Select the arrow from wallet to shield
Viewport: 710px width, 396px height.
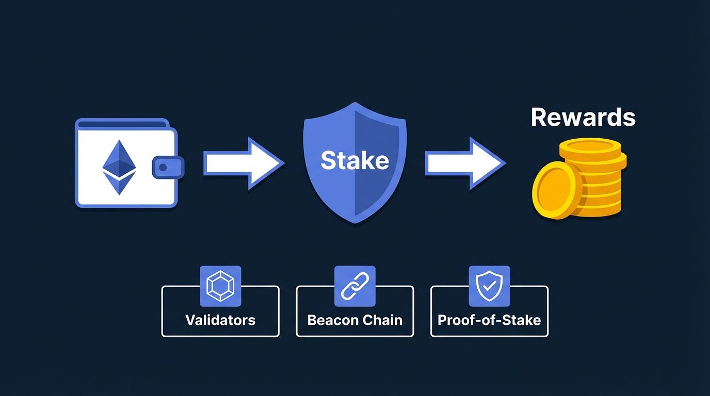click(x=242, y=163)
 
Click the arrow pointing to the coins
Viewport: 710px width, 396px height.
click(x=463, y=163)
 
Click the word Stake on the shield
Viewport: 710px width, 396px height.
click(x=354, y=160)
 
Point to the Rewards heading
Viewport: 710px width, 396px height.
click(x=583, y=117)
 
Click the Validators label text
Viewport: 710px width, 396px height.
click(x=220, y=320)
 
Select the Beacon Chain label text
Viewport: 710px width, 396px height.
click(x=354, y=320)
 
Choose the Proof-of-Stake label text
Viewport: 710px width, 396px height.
click(x=489, y=320)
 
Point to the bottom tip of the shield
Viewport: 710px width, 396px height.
click(x=354, y=221)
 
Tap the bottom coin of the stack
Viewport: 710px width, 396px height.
click(x=599, y=209)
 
